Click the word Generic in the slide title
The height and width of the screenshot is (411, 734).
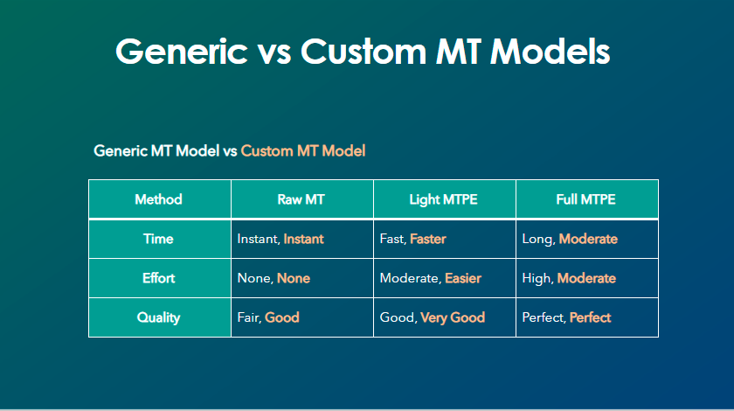point(182,51)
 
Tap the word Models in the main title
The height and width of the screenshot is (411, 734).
point(550,51)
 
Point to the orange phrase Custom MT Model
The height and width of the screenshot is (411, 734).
point(303,151)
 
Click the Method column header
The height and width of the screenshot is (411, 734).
point(158,199)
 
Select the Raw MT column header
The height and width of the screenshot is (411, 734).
point(301,199)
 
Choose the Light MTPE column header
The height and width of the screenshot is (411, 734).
point(443,199)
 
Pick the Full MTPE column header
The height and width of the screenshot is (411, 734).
point(585,199)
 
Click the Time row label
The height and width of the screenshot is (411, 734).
point(158,239)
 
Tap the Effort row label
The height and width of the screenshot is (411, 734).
point(159,278)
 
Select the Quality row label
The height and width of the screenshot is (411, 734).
point(158,317)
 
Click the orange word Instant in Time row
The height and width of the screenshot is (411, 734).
point(303,239)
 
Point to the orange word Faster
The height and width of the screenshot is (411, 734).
point(428,239)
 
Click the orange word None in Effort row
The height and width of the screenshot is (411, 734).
point(294,278)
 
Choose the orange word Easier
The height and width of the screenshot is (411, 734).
point(463,278)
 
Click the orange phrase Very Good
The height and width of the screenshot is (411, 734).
point(453,317)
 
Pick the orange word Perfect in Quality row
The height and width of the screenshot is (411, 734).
point(591,317)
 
